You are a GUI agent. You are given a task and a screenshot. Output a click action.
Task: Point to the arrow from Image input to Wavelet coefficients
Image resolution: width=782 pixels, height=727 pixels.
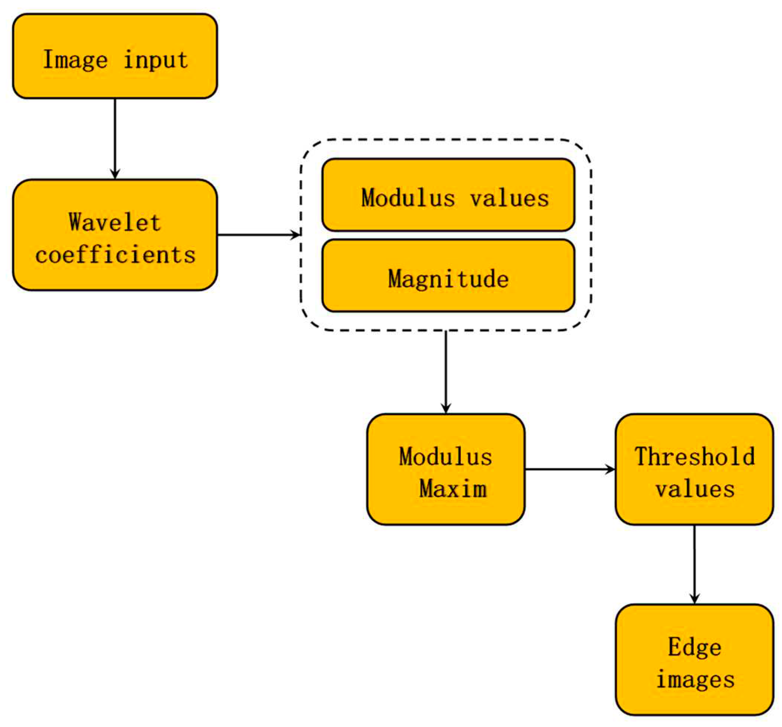[x=115, y=138]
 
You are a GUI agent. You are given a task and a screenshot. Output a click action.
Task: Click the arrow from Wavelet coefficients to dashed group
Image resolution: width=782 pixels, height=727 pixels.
[x=258, y=235]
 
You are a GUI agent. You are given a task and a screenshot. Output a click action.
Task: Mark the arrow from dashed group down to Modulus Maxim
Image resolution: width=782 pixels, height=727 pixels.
[x=446, y=372]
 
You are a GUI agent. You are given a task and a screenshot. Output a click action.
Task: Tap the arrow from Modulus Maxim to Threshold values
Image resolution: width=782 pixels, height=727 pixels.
[x=570, y=469]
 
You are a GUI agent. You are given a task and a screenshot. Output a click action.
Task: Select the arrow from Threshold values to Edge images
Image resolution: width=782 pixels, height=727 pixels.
[x=694, y=564]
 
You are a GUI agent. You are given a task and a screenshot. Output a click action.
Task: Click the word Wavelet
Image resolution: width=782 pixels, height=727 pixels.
[x=115, y=223]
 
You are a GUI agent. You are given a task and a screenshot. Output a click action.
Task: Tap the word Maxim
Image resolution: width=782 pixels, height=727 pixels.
[x=453, y=489]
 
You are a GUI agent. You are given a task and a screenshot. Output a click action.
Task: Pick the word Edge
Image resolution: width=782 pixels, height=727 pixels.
[x=695, y=647]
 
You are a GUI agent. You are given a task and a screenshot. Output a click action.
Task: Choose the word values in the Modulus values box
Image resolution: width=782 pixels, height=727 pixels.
[x=509, y=198]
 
